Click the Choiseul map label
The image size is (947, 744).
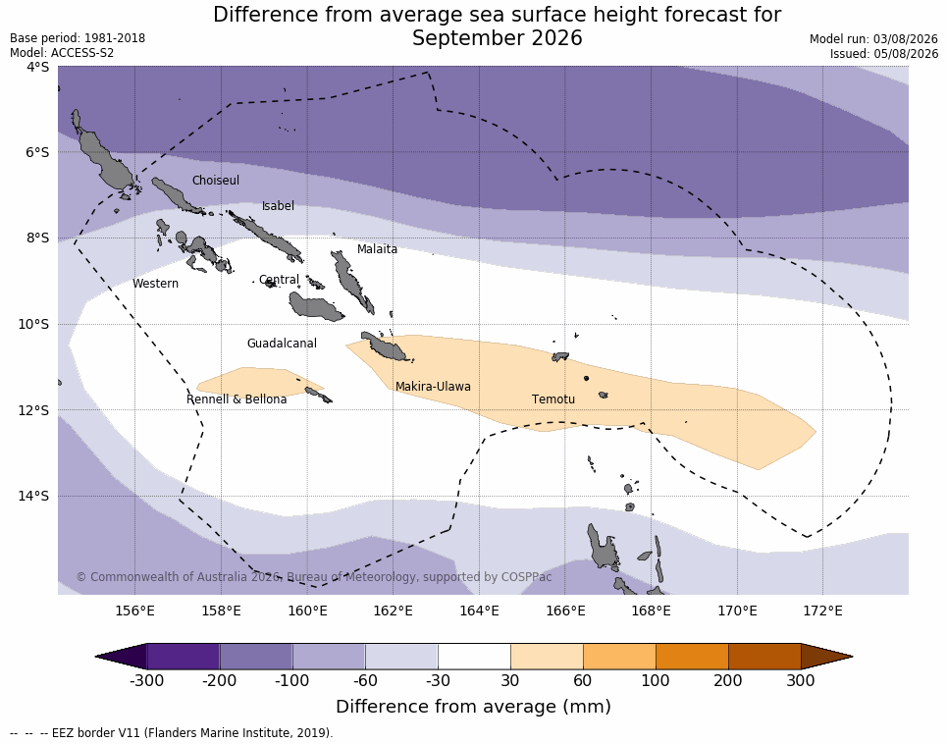click(x=216, y=180)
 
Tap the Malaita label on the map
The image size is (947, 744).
click(x=377, y=248)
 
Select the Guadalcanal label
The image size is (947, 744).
click(x=282, y=343)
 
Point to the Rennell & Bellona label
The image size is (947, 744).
click(x=237, y=399)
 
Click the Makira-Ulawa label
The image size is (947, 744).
click(x=433, y=387)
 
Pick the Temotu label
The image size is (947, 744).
click(x=553, y=399)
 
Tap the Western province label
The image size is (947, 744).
click(x=155, y=284)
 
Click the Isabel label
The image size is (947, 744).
click(x=278, y=206)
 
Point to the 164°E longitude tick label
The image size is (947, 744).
click(x=480, y=611)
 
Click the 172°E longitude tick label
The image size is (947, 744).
click(x=822, y=611)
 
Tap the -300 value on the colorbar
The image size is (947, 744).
click(x=147, y=680)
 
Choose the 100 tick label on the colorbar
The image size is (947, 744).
click(x=656, y=680)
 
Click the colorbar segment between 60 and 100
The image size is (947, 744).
click(x=619, y=656)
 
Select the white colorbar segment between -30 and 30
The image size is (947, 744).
click(x=474, y=656)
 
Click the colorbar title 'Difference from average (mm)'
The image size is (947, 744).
click(x=473, y=707)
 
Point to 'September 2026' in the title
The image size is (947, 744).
click(x=498, y=38)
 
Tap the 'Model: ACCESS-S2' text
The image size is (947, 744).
click(x=62, y=53)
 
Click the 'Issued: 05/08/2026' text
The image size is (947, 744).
click(x=884, y=53)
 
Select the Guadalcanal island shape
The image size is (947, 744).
click(x=316, y=305)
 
